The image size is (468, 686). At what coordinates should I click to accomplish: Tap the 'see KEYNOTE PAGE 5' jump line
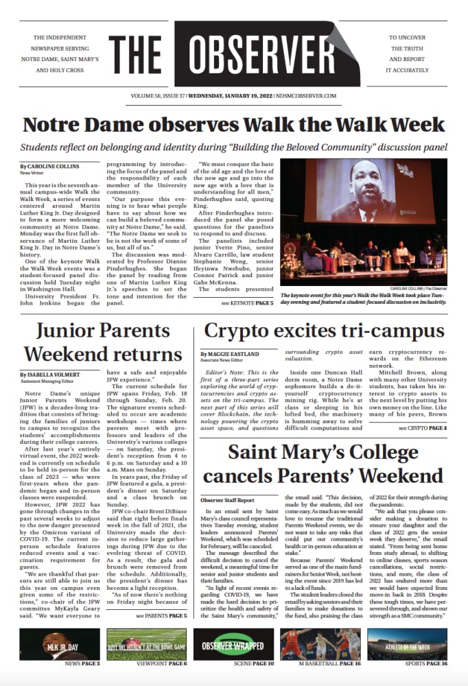click(x=247, y=303)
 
